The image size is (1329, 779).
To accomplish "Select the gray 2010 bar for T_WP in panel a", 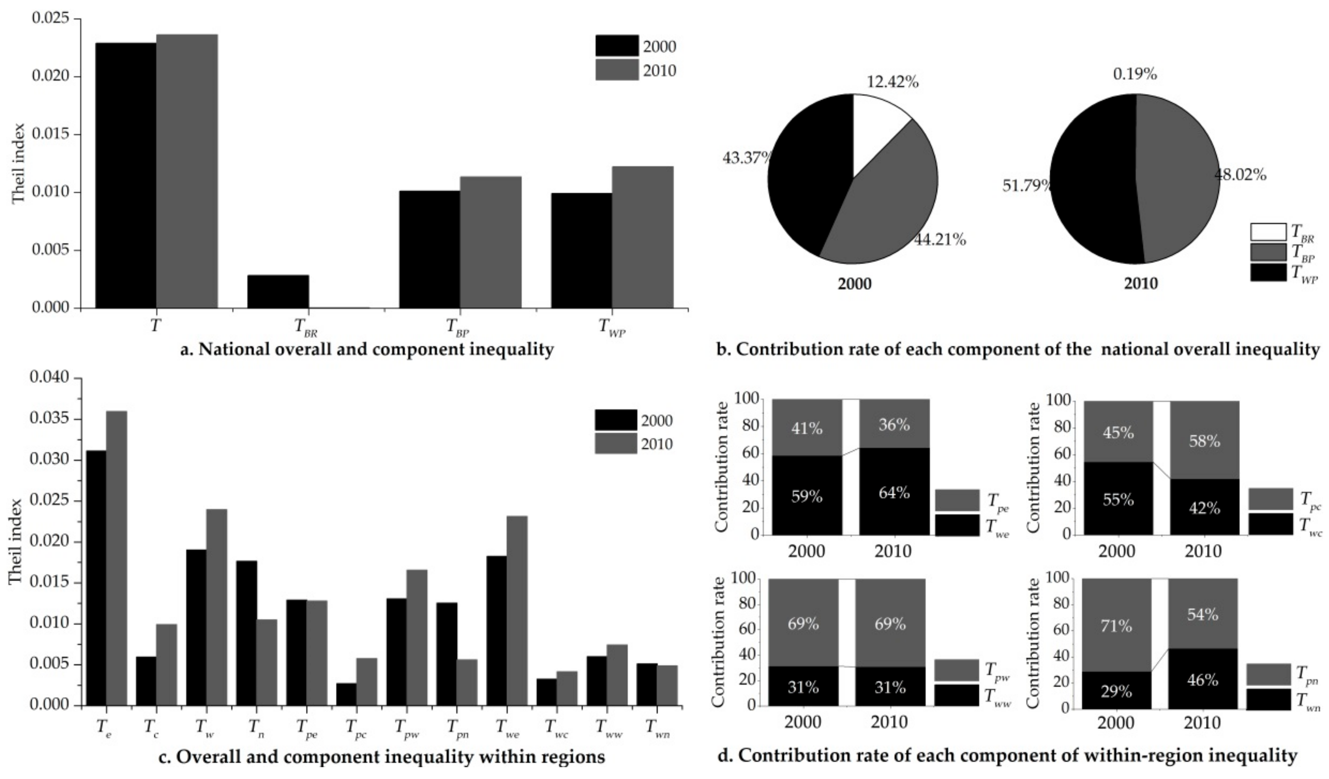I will tap(642, 238).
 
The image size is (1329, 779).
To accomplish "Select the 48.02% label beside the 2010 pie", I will tap(1241, 175).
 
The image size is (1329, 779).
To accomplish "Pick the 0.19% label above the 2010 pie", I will tap(1135, 74).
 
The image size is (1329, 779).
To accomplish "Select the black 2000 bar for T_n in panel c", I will tap(246, 633).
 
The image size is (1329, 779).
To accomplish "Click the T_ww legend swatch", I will tap(956, 695).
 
